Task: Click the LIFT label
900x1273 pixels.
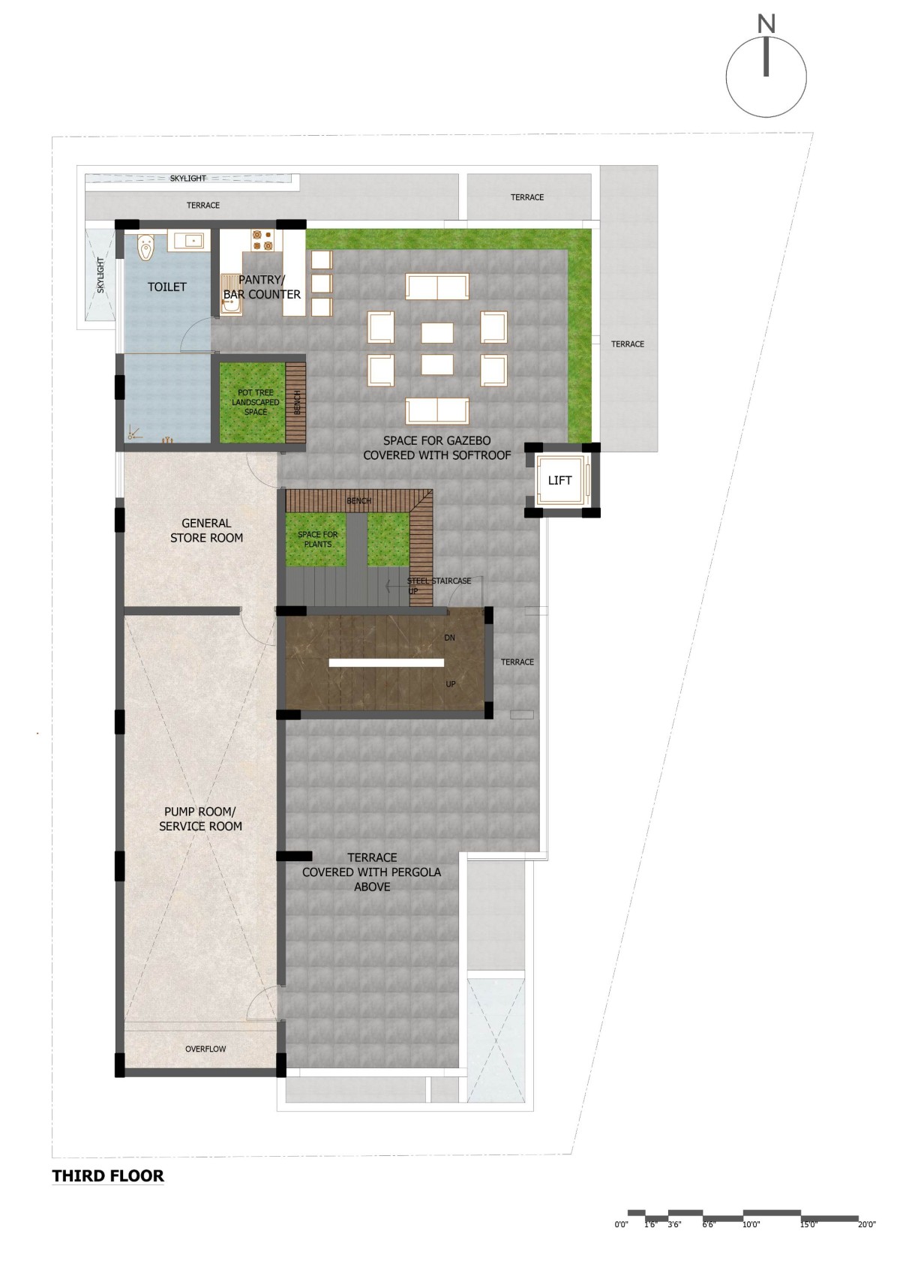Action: [x=559, y=480]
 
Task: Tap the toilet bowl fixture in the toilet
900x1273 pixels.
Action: [x=146, y=247]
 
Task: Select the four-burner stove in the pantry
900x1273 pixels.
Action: [x=263, y=239]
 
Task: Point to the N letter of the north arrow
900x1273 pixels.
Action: [x=766, y=24]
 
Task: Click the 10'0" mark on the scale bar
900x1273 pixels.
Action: [x=751, y=1224]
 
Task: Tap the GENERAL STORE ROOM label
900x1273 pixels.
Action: [x=206, y=530]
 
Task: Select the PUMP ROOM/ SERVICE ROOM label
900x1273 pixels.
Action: [x=200, y=819]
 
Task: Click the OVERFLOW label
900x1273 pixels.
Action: [x=205, y=1049]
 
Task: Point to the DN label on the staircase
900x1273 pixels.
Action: [x=449, y=638]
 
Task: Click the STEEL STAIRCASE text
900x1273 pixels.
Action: [x=439, y=581]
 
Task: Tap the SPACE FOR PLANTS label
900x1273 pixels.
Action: [x=317, y=539]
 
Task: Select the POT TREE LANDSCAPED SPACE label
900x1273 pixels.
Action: [x=255, y=402]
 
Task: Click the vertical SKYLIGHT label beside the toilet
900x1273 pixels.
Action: [x=100, y=275]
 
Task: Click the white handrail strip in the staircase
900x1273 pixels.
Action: [x=386, y=662]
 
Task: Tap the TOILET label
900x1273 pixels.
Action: [x=167, y=287]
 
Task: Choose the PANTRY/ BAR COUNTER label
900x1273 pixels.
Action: [x=262, y=287]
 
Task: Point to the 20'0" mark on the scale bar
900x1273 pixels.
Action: [x=866, y=1224]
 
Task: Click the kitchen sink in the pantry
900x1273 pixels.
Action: [x=231, y=294]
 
